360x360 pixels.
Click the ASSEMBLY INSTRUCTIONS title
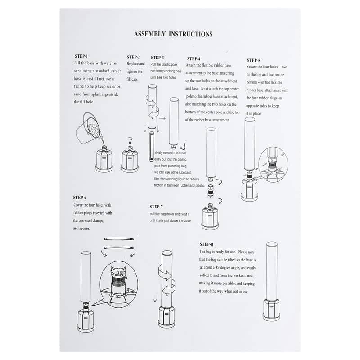pos(173,34)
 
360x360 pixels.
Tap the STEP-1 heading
pos(81,56)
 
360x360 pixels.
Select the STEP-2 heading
pos(133,57)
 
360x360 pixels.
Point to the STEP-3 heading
pos(157,58)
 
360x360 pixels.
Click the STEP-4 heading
pos(193,59)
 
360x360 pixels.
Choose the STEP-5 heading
pos(253,60)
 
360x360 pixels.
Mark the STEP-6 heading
pos(80,198)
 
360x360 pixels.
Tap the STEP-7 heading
pos(156,207)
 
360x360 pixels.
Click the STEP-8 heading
pos(207,244)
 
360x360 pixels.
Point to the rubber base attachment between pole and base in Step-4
pos(210,191)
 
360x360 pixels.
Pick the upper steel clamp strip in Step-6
pos(119,239)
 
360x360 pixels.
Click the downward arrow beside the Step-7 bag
pos(155,297)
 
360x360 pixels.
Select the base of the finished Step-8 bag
pos(271,310)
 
